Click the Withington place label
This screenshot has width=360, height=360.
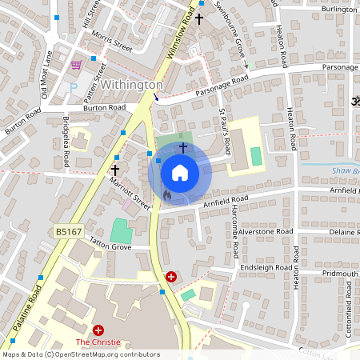(x=131, y=84)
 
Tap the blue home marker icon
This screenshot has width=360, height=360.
(x=180, y=172)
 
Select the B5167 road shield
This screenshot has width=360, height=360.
(x=69, y=231)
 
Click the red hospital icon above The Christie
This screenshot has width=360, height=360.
(x=98, y=330)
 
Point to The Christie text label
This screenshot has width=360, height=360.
(x=98, y=342)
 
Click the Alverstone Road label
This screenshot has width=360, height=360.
(x=266, y=231)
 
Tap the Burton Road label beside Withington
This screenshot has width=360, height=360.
(x=105, y=106)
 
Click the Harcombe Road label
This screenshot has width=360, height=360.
(x=235, y=237)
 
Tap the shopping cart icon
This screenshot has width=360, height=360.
(x=76, y=65)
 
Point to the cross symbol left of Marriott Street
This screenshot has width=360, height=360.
(x=114, y=170)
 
